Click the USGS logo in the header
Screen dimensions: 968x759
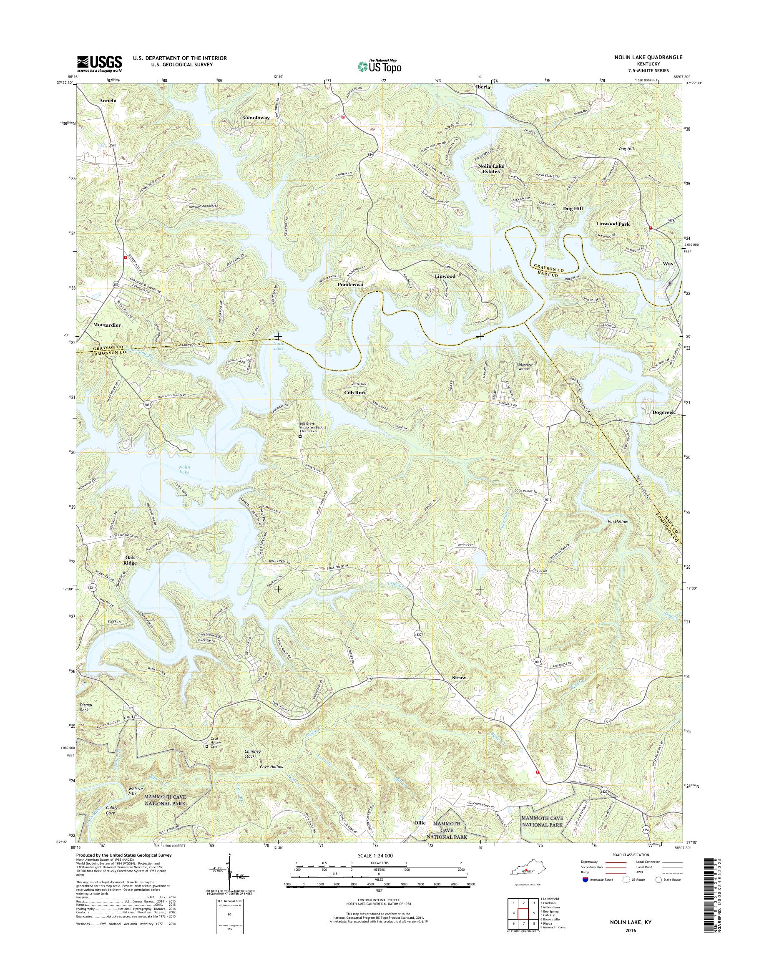(100, 63)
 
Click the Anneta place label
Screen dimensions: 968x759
(108, 101)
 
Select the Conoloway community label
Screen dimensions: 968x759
(256, 117)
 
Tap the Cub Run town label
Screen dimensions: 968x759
(354, 393)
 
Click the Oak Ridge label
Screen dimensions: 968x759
(130, 560)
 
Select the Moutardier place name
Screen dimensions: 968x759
(107, 325)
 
